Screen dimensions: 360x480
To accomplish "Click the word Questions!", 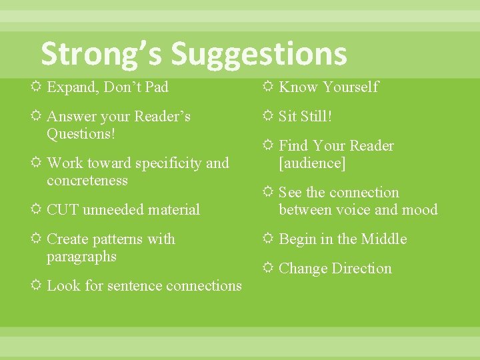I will click(x=81, y=133).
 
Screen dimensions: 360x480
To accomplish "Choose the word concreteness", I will click(x=87, y=181).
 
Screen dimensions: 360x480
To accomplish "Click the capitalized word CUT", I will click(x=63, y=210).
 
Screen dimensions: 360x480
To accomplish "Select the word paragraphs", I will click(x=81, y=257).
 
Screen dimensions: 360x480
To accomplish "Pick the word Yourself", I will click(x=351, y=87).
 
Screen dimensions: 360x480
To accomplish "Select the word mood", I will click(x=421, y=210).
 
